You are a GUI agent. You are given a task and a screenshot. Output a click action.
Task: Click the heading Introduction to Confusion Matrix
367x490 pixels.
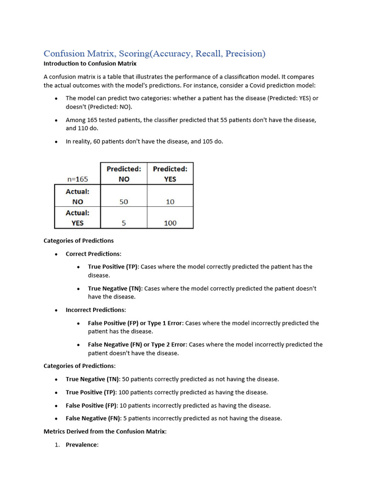point(90,63)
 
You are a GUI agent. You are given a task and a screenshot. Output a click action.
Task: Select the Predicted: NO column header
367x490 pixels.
point(124,174)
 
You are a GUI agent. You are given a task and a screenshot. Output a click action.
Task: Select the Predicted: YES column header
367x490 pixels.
point(170,174)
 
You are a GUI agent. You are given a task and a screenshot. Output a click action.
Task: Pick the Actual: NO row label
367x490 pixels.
point(77,196)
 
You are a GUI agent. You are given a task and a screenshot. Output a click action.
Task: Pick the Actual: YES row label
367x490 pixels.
point(77,218)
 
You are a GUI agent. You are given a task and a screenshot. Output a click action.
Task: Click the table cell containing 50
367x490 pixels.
point(124,202)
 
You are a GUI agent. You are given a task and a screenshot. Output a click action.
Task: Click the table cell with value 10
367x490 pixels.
point(170,202)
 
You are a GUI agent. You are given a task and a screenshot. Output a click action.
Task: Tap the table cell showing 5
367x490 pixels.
point(124,223)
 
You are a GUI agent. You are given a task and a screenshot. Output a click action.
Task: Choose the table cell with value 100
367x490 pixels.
point(170,223)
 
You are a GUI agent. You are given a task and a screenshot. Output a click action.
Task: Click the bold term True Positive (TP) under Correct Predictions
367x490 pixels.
point(113,267)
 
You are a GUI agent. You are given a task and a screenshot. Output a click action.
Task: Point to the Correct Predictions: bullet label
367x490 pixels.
point(94,254)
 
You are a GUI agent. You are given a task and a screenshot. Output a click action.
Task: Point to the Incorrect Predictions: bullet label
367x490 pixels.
point(96,310)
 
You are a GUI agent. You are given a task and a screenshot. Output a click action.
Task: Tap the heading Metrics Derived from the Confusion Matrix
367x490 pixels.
point(105,431)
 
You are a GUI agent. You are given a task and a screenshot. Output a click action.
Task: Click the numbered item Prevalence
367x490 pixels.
point(82,445)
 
